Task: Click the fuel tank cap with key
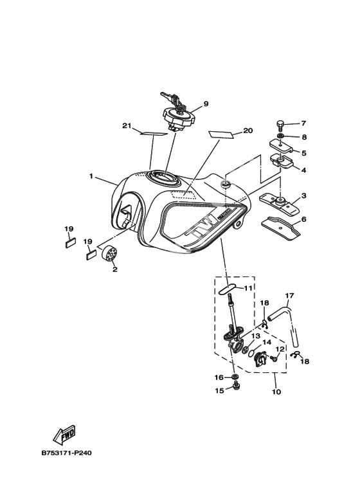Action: pos(179,116)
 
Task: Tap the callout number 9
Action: pos(206,104)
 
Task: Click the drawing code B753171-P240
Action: pos(67,453)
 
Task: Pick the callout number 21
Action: pos(127,126)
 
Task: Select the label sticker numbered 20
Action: pos(221,134)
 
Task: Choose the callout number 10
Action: pos(276,392)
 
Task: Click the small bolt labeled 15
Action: pos(235,386)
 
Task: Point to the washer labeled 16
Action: pos(235,377)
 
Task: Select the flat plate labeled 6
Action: pos(280,228)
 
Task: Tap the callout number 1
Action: pos(91,176)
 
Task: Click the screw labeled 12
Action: pos(273,359)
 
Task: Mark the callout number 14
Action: pos(267,342)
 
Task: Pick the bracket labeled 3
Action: pos(280,203)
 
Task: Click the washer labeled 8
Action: pos(280,136)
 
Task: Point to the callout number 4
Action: pos(303,170)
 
